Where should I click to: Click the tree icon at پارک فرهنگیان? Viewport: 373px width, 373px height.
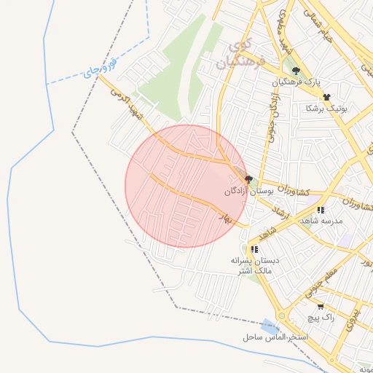pyautogui.click(x=296, y=71)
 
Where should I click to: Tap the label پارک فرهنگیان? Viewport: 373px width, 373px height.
pyautogui.click(x=297, y=83)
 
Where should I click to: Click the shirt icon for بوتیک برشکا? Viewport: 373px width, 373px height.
pyautogui.click(x=326, y=97)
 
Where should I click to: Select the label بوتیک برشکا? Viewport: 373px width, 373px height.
pyautogui.click(x=326, y=109)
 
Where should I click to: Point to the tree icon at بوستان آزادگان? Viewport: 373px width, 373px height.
pyautogui.click(x=248, y=179)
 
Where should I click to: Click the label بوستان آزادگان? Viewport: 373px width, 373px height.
pyautogui.click(x=248, y=191)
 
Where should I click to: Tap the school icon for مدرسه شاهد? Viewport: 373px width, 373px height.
pyautogui.click(x=321, y=211)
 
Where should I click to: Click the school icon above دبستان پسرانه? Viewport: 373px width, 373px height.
pyautogui.click(x=254, y=249)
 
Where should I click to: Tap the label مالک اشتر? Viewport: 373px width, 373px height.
pyautogui.click(x=251, y=271)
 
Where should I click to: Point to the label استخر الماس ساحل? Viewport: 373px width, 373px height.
pyautogui.click(x=276, y=338)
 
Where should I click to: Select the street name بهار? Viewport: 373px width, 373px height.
pyautogui.click(x=224, y=216)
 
